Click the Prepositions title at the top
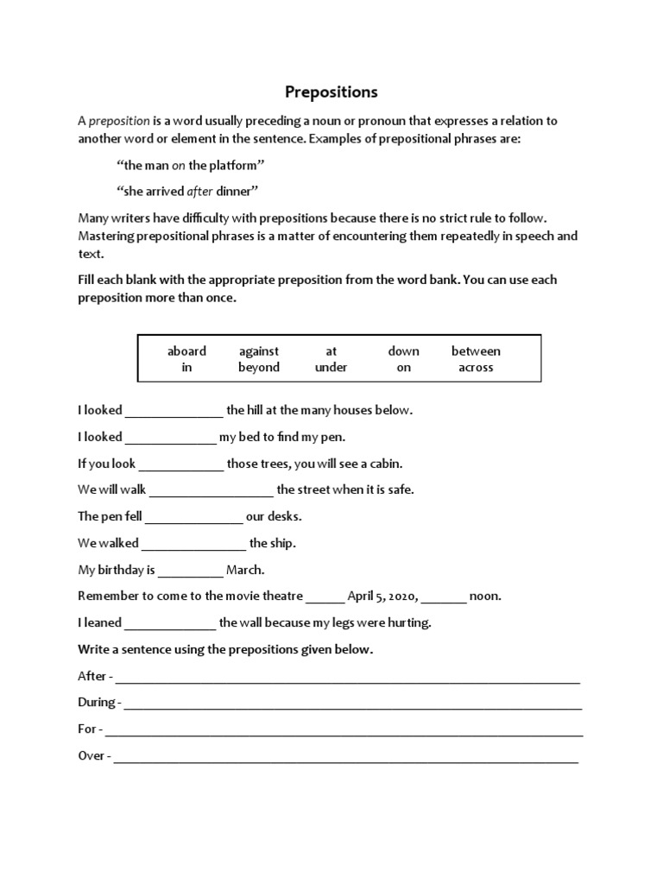331,92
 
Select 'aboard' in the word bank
186,350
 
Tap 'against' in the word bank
259,350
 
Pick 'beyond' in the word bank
259,367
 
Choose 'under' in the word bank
331,367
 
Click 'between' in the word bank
476,350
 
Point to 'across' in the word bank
476,367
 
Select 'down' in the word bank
403,350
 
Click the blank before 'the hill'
174,412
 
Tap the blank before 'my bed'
171,439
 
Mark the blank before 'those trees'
181,465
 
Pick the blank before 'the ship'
194,545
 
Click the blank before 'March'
191,571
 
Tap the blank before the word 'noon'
445,597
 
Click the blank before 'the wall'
171,624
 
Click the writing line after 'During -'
353,704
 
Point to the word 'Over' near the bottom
91,755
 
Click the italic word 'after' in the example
200,191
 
